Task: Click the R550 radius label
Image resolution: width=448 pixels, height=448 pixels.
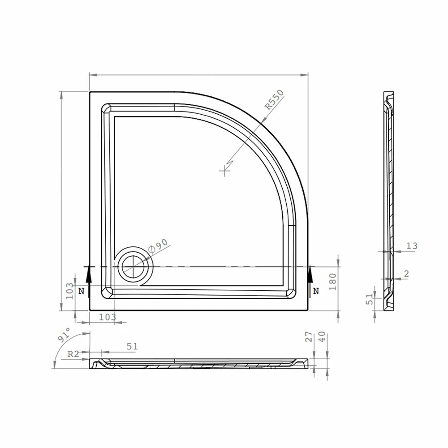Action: (x=274, y=100)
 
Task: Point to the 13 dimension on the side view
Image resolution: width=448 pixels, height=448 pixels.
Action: (x=412, y=246)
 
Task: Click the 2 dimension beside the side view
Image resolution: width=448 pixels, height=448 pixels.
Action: (x=406, y=274)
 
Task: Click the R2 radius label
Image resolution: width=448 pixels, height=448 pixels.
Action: (x=73, y=354)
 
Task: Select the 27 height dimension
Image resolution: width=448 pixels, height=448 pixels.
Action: (x=308, y=337)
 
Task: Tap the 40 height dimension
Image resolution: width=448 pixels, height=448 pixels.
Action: (x=321, y=337)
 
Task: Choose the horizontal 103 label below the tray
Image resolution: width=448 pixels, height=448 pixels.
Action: (x=107, y=317)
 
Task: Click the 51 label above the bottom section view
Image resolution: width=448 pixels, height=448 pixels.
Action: (x=132, y=346)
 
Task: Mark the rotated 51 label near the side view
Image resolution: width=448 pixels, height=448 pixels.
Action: (x=370, y=299)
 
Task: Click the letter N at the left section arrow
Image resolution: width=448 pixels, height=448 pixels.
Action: (x=81, y=291)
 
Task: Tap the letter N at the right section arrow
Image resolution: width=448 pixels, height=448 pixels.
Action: (x=316, y=291)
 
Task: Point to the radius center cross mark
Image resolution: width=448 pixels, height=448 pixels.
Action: (x=225, y=170)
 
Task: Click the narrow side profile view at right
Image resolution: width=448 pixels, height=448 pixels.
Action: (x=389, y=202)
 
